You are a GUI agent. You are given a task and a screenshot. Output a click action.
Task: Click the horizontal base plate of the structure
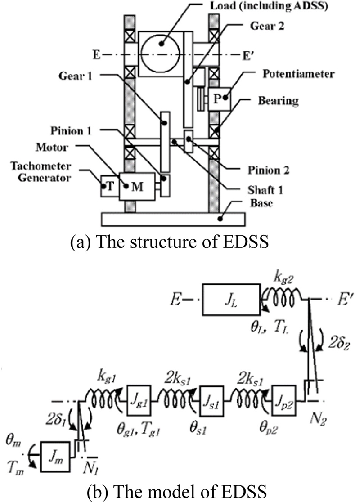coord(174,218)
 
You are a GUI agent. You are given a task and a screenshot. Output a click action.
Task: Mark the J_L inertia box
coord(231,298)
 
